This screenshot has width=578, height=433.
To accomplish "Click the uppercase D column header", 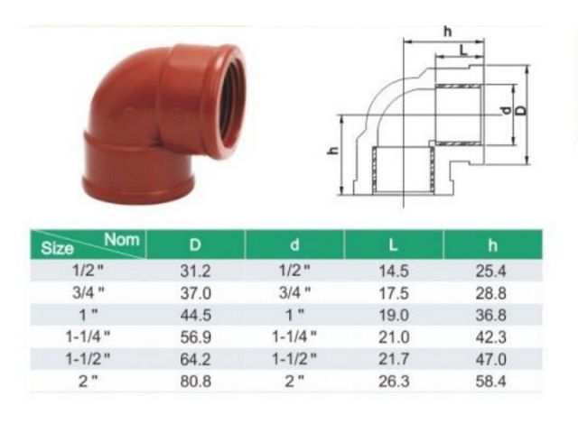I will click(x=195, y=244).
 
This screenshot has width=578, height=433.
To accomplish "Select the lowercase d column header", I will click(x=294, y=244).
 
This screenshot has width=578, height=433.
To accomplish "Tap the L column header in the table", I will click(x=393, y=244).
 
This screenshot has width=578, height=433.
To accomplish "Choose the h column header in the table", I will click(x=492, y=244).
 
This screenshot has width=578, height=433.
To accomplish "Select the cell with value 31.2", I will click(x=195, y=271).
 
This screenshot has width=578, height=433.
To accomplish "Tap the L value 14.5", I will click(x=393, y=271).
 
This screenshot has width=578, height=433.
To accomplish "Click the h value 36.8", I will click(x=492, y=314).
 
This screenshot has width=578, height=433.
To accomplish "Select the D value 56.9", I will click(x=195, y=336).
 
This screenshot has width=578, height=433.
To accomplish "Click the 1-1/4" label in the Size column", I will click(x=90, y=336).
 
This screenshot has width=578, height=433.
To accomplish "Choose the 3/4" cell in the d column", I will click(x=294, y=292).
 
